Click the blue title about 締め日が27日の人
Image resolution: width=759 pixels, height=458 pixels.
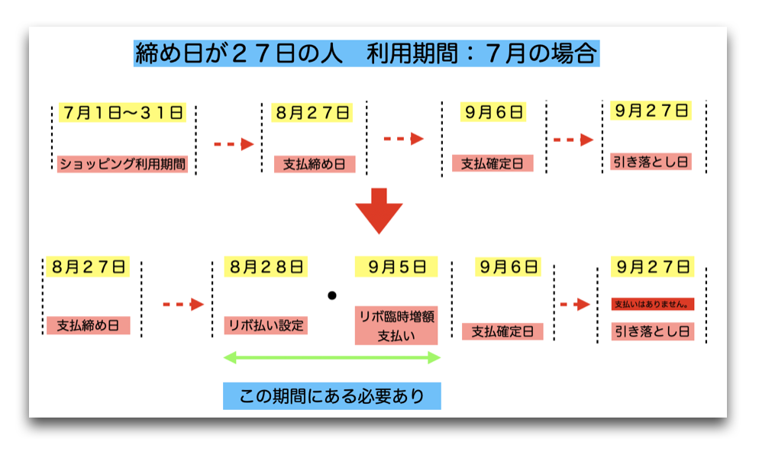pos(367,53)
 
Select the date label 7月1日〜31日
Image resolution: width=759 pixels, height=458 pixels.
pos(122,112)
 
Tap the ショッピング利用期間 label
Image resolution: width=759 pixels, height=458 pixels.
pos(122,164)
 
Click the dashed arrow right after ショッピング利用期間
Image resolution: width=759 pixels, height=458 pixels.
pos(234,144)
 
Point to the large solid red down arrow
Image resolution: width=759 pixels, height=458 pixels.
pos(379,211)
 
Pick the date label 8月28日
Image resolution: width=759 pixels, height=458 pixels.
pos(266,266)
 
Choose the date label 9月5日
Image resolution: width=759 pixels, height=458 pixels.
pos(396,266)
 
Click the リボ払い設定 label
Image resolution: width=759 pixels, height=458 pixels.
pos(266,325)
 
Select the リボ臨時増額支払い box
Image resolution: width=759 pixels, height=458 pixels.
pos(396,325)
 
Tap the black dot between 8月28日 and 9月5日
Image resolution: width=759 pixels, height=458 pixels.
pos(332,295)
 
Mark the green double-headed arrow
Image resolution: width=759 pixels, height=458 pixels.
pos(332,358)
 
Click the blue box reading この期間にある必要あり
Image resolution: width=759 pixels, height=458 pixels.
pos(332,396)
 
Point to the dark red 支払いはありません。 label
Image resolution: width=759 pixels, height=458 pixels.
pos(653,304)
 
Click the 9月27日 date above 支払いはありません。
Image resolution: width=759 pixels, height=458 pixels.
pos(653,266)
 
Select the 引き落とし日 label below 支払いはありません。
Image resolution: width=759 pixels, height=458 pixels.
pos(653,331)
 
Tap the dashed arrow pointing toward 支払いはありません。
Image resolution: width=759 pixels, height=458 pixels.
pos(575,304)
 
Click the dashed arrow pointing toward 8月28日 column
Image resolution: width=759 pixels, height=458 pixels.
pos(183,304)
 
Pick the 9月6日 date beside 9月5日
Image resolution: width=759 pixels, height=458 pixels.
pos(509,266)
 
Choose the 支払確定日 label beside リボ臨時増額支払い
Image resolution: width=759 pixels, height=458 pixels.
pos(502,331)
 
